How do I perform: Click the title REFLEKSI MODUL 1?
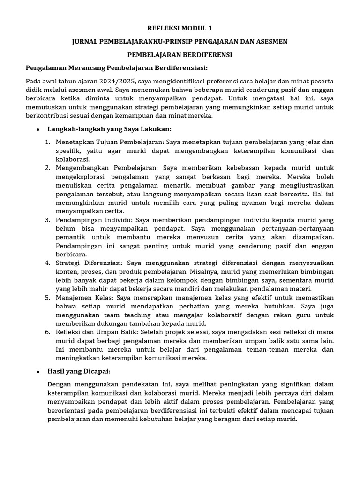(x=180, y=29)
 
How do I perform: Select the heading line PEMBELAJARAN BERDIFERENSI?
(x=180, y=55)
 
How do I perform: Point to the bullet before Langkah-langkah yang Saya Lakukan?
(x=37, y=129)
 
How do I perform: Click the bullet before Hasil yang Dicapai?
(x=37, y=371)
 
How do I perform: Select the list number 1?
(x=48, y=142)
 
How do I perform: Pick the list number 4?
(x=48, y=262)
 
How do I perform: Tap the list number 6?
(x=48, y=332)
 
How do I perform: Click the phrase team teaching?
(x=108, y=315)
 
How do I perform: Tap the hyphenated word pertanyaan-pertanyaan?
(x=295, y=228)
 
